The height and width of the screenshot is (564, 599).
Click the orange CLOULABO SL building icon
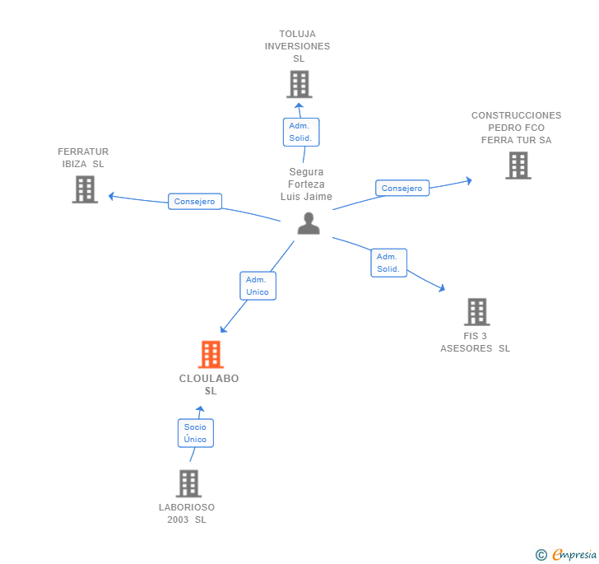click(x=211, y=354)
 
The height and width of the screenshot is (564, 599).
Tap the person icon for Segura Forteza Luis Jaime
click(x=309, y=223)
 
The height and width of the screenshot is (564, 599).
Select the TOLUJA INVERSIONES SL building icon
click(x=299, y=84)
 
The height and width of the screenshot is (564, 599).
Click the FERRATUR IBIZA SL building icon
click(x=85, y=189)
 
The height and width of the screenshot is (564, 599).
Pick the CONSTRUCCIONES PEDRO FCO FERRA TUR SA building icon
click(x=518, y=165)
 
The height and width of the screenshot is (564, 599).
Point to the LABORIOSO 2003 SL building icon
click(x=188, y=483)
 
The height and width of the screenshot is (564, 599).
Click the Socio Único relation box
click(x=196, y=433)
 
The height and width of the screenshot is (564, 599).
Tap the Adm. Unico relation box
click(x=258, y=286)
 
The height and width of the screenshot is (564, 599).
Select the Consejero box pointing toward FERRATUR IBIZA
click(x=195, y=201)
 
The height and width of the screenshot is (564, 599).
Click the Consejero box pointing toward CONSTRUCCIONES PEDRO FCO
click(x=402, y=189)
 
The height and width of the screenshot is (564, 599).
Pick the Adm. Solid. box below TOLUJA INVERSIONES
click(x=300, y=132)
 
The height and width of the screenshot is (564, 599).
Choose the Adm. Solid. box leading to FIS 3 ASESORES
click(x=388, y=263)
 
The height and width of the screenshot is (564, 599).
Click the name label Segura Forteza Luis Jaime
click(x=306, y=184)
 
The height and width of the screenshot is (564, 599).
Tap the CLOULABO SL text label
click(x=210, y=385)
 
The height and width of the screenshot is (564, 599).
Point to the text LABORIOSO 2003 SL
click(x=187, y=513)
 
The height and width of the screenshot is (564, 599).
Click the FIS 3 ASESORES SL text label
click(x=475, y=342)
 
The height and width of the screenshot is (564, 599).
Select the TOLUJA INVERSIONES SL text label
click(x=298, y=46)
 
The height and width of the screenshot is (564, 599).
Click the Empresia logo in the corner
click(x=566, y=554)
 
